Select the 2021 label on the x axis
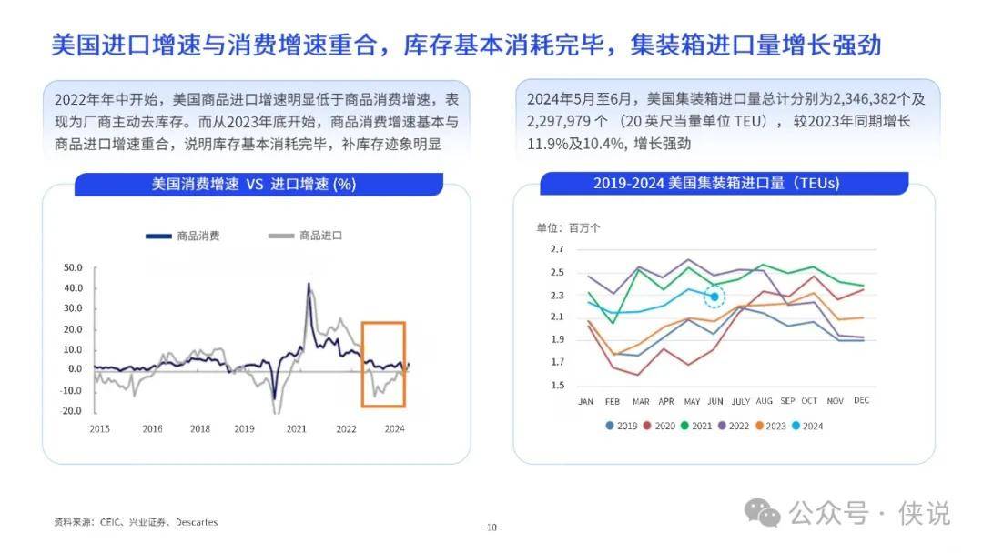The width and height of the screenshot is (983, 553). coord(297,428)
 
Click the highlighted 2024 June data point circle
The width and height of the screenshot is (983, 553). coord(715,296)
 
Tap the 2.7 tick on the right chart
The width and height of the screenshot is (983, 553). coord(557,249)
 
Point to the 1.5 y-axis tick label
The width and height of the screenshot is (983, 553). coord(557,386)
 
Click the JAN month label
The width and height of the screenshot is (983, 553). coord(586,401)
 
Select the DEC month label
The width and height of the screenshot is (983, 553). coord(861,401)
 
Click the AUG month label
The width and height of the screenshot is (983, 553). coord(763,401)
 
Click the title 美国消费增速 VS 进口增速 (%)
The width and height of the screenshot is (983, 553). coord(253,184)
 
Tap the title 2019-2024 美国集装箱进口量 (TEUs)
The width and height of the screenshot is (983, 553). coord(716,184)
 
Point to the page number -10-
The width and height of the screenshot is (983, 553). coord(491,528)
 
